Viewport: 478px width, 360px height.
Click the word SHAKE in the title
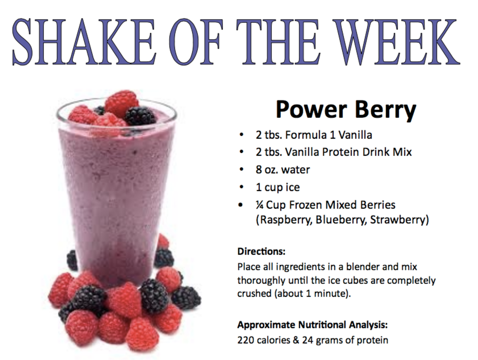coord(84,42)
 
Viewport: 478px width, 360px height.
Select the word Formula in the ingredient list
coord(306,135)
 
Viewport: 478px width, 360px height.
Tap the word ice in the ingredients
coord(293,187)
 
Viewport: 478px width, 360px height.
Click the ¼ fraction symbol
coord(260,205)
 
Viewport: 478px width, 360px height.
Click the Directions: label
coord(261,252)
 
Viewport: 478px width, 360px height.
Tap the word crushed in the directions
coord(254,293)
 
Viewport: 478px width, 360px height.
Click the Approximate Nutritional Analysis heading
coord(313,325)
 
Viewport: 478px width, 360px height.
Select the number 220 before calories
coord(246,340)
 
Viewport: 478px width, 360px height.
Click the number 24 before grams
coord(308,340)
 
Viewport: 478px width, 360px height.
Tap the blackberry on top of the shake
coord(140,116)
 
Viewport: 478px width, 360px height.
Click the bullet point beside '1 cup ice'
coord(241,187)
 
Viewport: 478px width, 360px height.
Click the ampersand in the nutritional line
coord(296,340)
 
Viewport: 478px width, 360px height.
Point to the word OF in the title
coord(196,42)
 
